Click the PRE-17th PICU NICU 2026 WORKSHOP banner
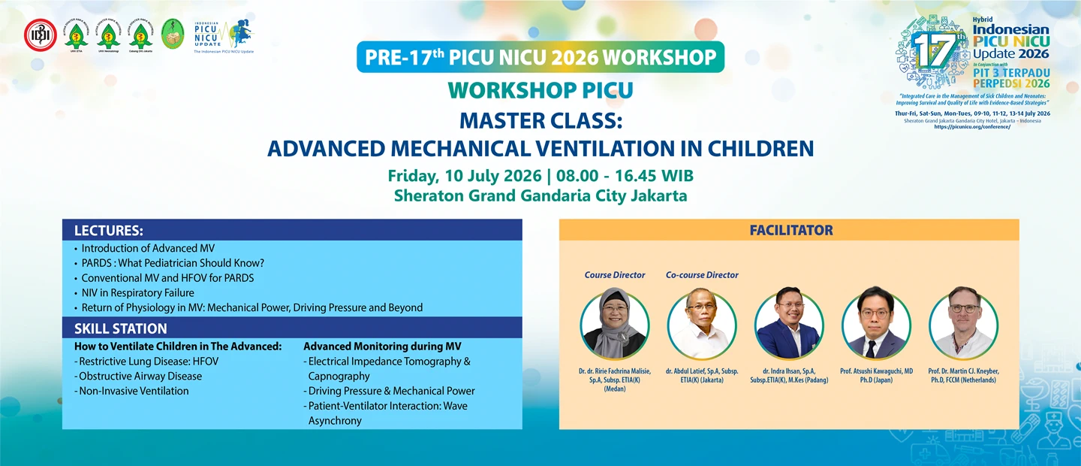tap(540, 58)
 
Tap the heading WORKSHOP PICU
tap(540, 91)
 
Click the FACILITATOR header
tap(791, 230)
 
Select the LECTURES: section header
tap(109, 231)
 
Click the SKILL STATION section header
tap(121, 328)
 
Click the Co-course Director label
tap(702, 275)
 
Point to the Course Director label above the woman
tap(615, 275)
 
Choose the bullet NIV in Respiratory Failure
tap(137, 292)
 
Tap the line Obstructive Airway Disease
tap(140, 376)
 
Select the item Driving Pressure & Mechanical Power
tap(391, 391)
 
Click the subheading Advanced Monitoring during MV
tap(382, 346)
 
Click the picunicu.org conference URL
tap(972, 127)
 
